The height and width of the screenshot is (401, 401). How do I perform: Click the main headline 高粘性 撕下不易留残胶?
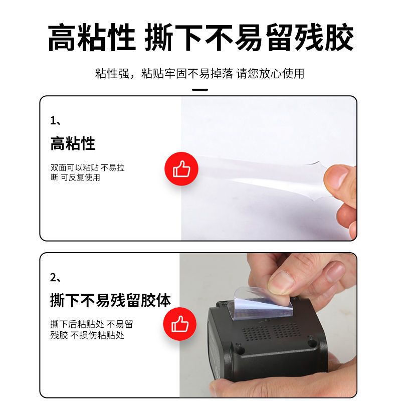(x=201, y=37)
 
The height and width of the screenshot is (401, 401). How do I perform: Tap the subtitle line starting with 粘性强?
(x=199, y=73)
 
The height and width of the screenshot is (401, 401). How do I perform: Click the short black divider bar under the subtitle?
(x=200, y=90)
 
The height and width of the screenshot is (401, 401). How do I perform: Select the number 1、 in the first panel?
(x=56, y=121)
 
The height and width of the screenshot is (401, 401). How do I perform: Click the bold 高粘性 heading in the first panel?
(x=73, y=143)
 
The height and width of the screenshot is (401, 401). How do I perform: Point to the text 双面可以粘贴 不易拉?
(x=87, y=168)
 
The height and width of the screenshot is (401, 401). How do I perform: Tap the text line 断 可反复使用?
(x=75, y=177)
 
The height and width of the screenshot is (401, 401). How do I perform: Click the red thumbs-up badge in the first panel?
(x=181, y=169)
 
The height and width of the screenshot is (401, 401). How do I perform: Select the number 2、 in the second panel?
(x=56, y=278)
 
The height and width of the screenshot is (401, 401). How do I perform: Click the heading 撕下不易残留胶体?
(x=110, y=300)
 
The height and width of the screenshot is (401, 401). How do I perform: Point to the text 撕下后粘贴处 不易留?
(x=92, y=324)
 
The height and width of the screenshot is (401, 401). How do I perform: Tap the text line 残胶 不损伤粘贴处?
(x=87, y=335)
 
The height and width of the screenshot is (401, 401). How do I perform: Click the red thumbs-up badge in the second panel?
(x=179, y=324)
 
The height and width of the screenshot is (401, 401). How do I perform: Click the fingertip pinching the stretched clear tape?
(x=337, y=176)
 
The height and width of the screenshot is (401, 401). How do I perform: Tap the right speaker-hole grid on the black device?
(x=285, y=329)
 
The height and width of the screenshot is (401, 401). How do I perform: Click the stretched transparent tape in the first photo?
(x=256, y=177)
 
